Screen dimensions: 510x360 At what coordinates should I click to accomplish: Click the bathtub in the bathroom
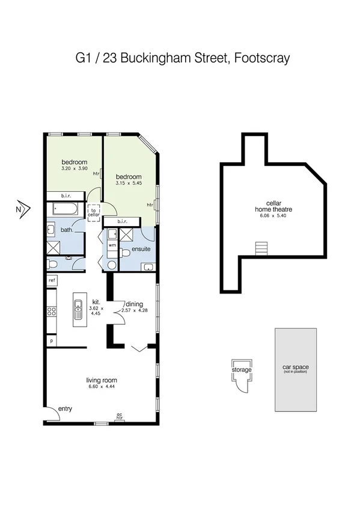66,210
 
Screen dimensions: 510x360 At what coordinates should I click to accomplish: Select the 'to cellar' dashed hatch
94,211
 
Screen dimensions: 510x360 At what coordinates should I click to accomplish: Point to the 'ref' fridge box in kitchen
52,280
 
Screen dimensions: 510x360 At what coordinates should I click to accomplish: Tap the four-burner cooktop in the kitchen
52,312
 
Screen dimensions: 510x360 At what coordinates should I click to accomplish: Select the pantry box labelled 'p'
52,340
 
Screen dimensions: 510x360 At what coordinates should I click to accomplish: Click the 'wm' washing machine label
112,245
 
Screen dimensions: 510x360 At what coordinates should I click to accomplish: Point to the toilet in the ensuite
112,265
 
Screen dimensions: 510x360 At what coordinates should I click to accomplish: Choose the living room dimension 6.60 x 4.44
101,388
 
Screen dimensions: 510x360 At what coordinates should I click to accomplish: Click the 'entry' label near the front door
65,409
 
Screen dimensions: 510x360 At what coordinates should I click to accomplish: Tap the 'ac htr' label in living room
119,415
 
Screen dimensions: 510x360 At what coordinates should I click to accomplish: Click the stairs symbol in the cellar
260,248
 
